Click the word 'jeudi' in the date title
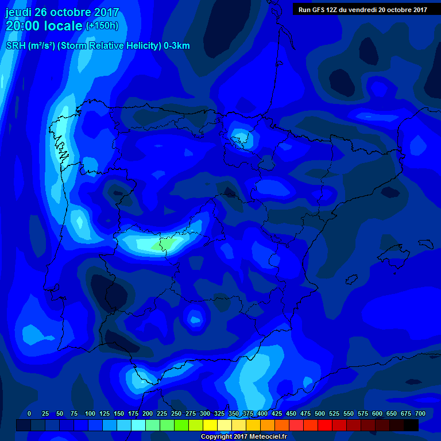pyautogui.click(x=18, y=13)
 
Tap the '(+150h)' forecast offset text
pyautogui.click(x=102, y=26)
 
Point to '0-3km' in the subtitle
pyautogui.click(x=176, y=46)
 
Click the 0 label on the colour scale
pyautogui.click(x=29, y=413)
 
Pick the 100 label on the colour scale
pyautogui.click(x=90, y=413)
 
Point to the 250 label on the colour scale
pyautogui.click(x=176, y=413)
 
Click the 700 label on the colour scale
pyautogui.click(x=420, y=413)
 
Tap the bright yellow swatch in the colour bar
pyautogui.click(x=210, y=425)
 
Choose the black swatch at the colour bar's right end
pyautogui.click(x=411, y=425)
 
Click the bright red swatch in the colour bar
pyautogui.click(x=325, y=425)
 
